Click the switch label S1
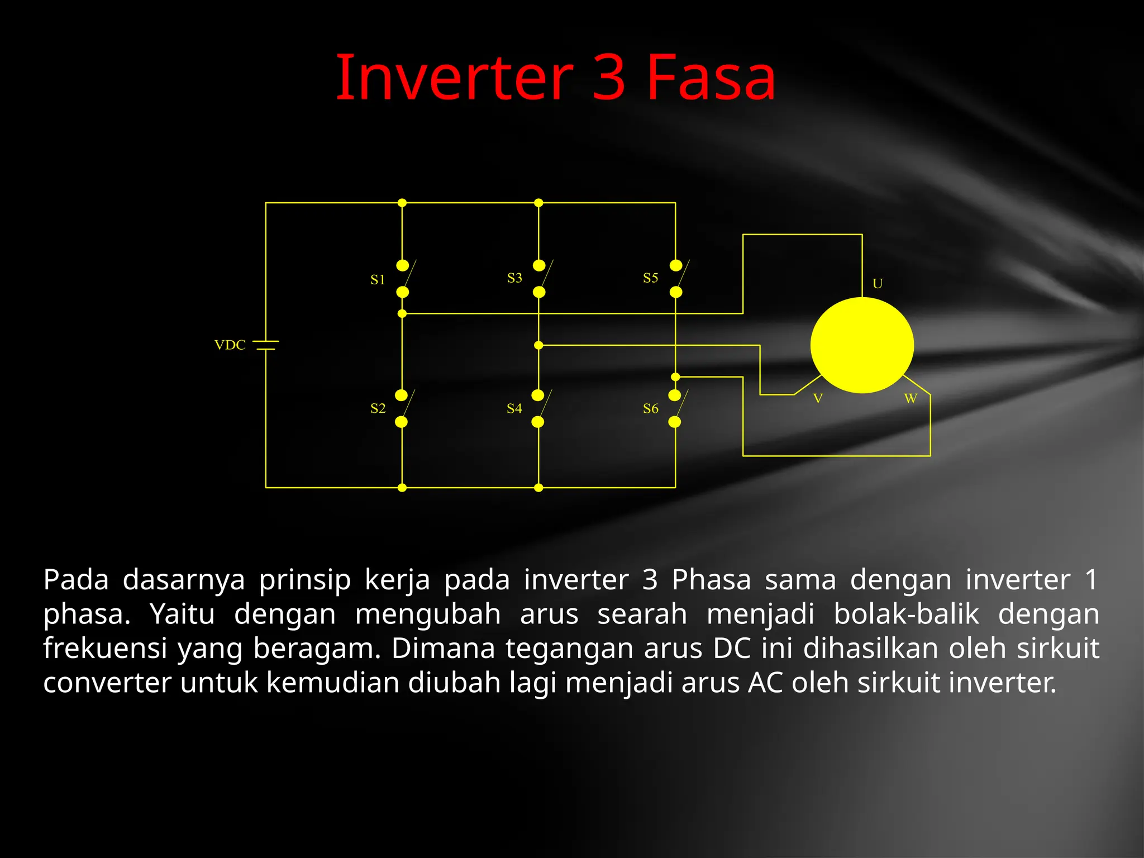pyautogui.click(x=378, y=280)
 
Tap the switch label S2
pyautogui.click(x=378, y=408)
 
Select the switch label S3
pyautogui.click(x=514, y=278)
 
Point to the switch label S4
pyautogui.click(x=514, y=408)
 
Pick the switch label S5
pyautogui.click(x=650, y=278)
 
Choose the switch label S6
pyautogui.click(x=650, y=408)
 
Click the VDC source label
pyautogui.click(x=230, y=345)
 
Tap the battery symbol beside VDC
pyautogui.click(x=266, y=345)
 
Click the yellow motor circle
pyautogui.click(x=862, y=345)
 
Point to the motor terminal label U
pyautogui.click(x=878, y=284)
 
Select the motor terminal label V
pyautogui.click(x=818, y=398)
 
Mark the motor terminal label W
pyautogui.click(x=911, y=398)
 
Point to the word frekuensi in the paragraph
pyautogui.click(x=105, y=649)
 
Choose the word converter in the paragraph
pyautogui.click(x=107, y=683)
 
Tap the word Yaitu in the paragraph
pyautogui.click(x=182, y=614)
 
